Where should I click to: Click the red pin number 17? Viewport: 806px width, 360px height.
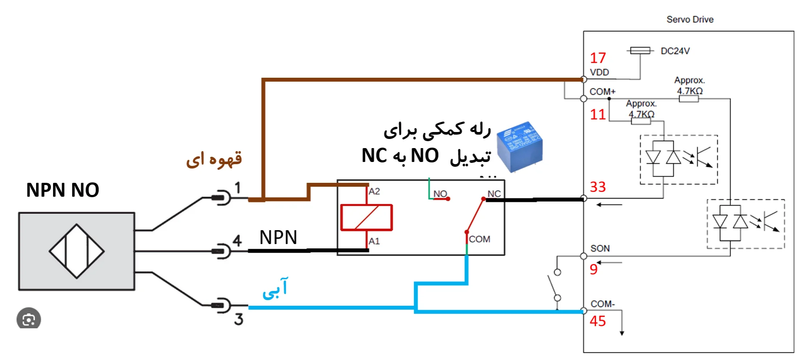coord(597,58)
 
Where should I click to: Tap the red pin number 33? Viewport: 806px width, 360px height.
coord(597,187)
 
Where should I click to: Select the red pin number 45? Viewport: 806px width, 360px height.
coord(597,321)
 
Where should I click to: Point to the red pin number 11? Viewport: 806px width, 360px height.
coord(597,114)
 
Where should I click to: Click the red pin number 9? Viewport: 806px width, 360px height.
coord(594,269)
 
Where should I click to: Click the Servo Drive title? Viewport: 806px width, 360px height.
coord(690,20)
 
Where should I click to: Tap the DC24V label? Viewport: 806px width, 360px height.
coord(675,51)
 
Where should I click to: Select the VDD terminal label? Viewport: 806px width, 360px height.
coord(599,73)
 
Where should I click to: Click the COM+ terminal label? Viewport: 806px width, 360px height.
coord(602,92)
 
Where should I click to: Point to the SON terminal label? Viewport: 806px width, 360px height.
coord(600,248)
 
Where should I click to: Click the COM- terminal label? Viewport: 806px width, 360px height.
coord(602,304)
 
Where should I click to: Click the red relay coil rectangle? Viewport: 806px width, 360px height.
coord(366,217)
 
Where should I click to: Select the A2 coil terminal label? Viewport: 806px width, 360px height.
coord(374,192)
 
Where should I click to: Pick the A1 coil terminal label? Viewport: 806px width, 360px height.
coord(374,241)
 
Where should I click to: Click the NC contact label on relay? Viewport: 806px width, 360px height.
coord(494,194)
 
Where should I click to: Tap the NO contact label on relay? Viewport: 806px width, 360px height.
coord(440,194)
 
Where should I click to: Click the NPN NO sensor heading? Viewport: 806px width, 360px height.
coord(63,190)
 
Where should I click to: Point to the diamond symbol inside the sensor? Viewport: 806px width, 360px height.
coord(76,251)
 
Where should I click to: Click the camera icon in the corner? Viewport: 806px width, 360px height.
coord(29,320)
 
